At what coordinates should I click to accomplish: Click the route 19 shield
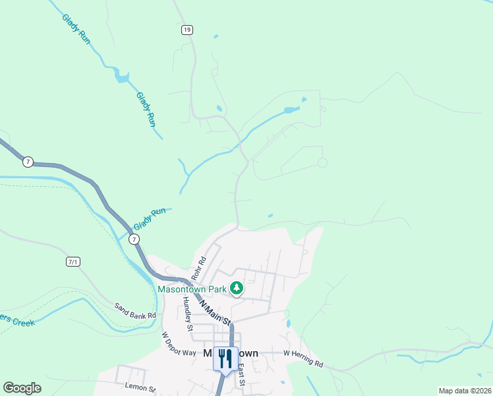[x=187, y=30]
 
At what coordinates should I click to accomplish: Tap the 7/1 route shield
[x=72, y=262]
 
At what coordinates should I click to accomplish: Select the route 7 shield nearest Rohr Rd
[x=134, y=239]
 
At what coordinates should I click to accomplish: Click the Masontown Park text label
[x=191, y=289]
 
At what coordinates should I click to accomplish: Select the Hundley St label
[x=188, y=313]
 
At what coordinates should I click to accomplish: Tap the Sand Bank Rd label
[x=134, y=311]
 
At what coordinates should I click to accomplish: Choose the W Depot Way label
[x=179, y=343]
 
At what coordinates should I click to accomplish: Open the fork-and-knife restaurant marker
[x=225, y=358]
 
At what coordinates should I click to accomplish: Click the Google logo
[x=22, y=388]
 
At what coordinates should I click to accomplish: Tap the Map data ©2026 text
[x=465, y=391]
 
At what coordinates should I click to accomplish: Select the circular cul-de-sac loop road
[x=322, y=162]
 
